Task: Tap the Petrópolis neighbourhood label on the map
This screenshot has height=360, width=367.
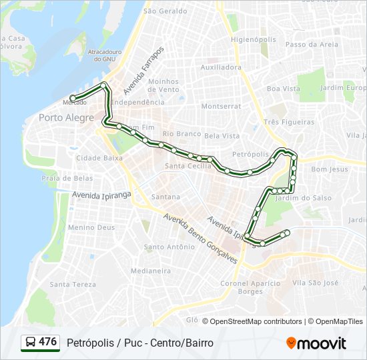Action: pyautogui.click(x=250, y=154)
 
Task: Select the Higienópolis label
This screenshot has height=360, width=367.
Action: pyautogui.click(x=253, y=39)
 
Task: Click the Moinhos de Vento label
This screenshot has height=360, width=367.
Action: pyautogui.click(x=163, y=85)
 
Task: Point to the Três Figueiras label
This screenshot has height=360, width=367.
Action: pyautogui.click(x=289, y=122)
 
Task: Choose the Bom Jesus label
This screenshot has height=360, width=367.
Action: pyautogui.click(x=330, y=169)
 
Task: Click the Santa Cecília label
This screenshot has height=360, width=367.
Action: pyautogui.click(x=188, y=166)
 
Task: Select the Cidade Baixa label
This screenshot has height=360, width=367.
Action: pyautogui.click(x=99, y=158)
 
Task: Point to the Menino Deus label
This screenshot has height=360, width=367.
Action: pyautogui.click(x=91, y=227)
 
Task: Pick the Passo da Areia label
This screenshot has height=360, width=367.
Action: pyautogui.click(x=312, y=45)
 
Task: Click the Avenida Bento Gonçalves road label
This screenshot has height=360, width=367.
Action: pyautogui.click(x=200, y=239)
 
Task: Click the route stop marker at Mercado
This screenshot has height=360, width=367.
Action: pyautogui.click(x=73, y=98)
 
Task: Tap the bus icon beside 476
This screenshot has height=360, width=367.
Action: pyautogui.click(x=30, y=343)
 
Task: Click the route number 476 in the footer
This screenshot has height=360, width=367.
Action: pyautogui.click(x=47, y=342)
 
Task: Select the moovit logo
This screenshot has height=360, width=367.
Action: pyautogui.click(x=316, y=343)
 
